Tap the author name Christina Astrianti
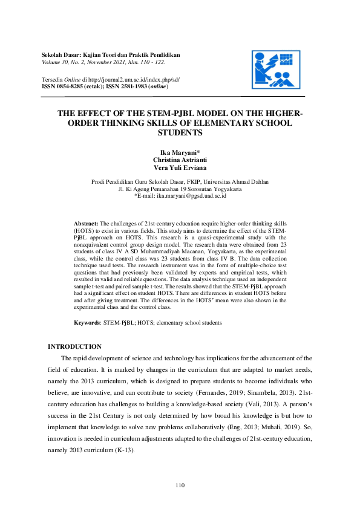click(180, 161)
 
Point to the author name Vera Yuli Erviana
click(180, 168)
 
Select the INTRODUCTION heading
click(74, 346)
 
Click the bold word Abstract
click(86, 224)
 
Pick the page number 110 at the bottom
click(180, 485)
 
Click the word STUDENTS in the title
click(180, 132)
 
